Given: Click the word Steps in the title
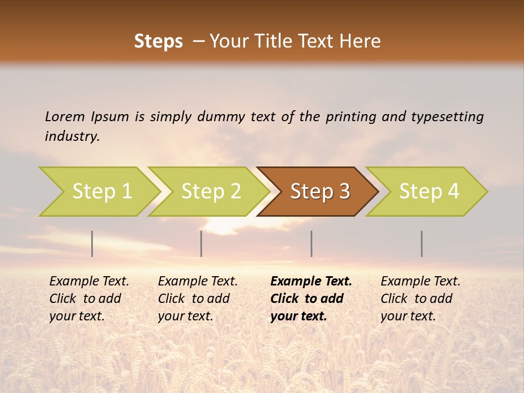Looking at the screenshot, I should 158,41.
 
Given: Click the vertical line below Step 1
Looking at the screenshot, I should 92,243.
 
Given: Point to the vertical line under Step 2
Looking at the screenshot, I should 201,243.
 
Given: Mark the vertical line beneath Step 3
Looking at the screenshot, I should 311,243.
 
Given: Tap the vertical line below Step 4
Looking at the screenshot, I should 421,243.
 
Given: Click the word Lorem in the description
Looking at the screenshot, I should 65,116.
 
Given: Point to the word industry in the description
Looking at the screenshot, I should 72,136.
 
